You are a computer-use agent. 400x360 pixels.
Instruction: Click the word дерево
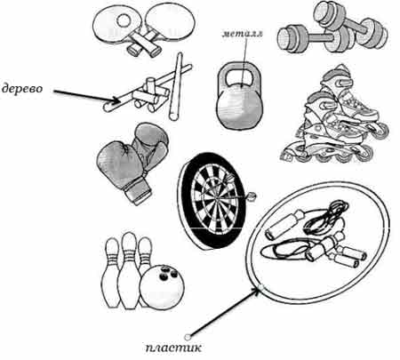tap(22, 89)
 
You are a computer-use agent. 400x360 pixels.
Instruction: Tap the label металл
tap(243, 34)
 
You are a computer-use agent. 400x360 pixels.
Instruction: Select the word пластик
tap(173, 348)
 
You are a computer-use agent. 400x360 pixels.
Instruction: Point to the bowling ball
tap(162, 286)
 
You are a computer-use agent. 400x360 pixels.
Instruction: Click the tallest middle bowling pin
tap(129, 270)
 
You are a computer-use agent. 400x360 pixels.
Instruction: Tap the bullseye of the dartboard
tap(218, 197)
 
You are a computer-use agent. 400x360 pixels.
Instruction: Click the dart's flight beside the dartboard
tap(251, 196)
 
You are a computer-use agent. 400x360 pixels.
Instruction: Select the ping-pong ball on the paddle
tap(124, 20)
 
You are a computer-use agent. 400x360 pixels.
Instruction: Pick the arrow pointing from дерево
tap(87, 97)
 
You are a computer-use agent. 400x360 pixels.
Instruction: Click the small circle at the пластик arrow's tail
tap(187, 337)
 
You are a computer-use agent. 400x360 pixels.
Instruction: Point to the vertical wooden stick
tap(176, 86)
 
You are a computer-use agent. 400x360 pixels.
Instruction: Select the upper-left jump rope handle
tap(284, 225)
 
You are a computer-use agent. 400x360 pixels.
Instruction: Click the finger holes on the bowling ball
tap(168, 274)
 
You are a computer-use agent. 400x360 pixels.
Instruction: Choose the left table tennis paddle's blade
tap(116, 26)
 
